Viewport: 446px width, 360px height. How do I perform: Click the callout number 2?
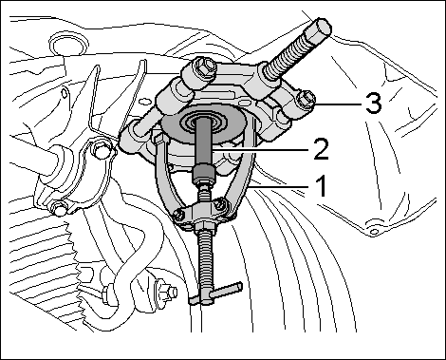(319, 149)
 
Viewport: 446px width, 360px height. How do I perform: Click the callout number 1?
(322, 186)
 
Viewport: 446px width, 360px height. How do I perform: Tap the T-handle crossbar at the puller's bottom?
(216, 294)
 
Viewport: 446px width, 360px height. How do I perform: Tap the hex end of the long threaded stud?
(320, 28)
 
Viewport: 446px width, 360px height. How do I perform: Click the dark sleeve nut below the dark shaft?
(204, 175)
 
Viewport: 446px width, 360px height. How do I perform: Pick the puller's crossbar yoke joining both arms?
(201, 211)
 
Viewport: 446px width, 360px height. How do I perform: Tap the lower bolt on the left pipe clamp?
(60, 209)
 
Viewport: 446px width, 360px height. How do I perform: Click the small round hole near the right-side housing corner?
(374, 232)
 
